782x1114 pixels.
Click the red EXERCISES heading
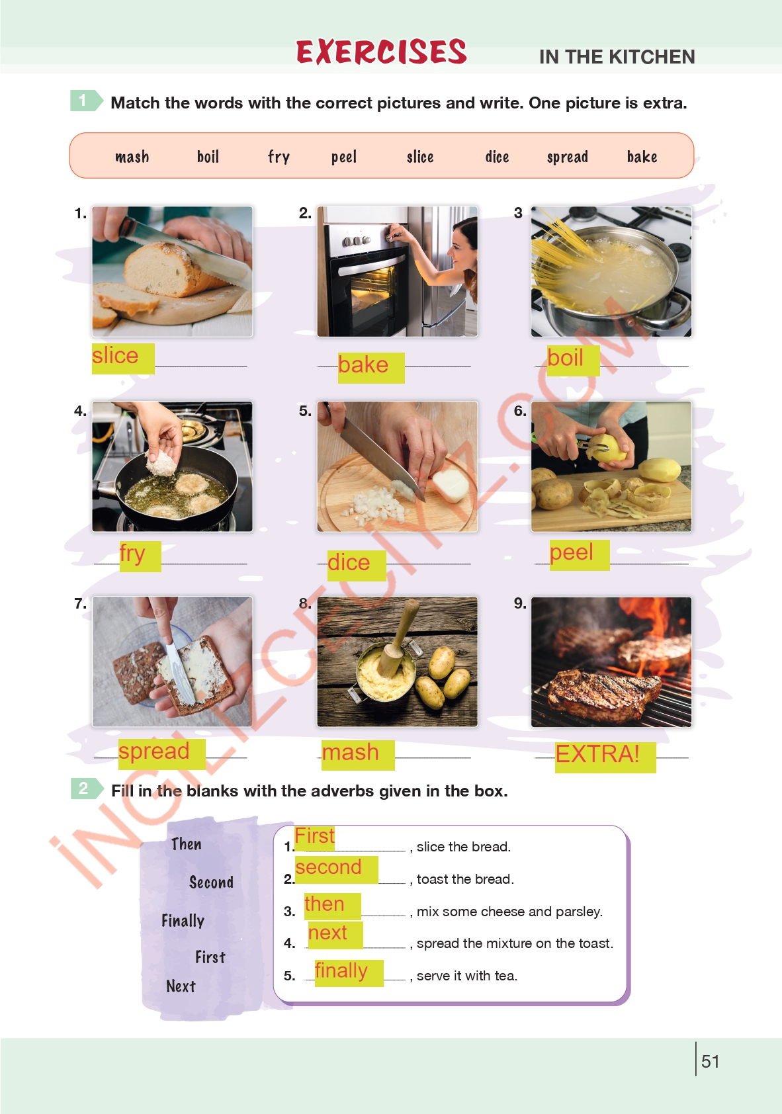point(382,52)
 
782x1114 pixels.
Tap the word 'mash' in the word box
point(132,157)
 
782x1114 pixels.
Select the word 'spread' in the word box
point(567,157)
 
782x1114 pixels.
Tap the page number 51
point(711,1061)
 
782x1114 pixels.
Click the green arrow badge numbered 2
point(87,789)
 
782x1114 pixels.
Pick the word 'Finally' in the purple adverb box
point(183,921)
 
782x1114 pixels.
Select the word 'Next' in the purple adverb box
point(181,986)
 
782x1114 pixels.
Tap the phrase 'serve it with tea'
point(466,976)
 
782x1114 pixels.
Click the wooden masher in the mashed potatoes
point(396,638)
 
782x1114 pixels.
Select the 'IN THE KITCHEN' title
point(617,57)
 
